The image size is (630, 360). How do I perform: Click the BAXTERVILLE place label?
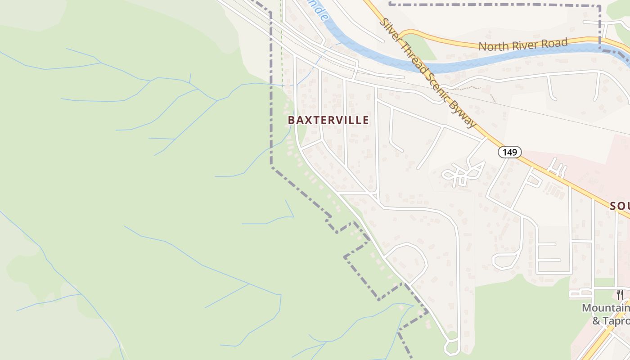coord(328,120)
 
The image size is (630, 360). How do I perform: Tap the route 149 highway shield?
coord(509,152)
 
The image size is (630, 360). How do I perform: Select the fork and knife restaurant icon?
coord(620,295)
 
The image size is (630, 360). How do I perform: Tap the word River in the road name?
coord(525,45)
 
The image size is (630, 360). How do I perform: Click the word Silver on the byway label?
coord(391,31)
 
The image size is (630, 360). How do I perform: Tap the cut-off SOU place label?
coord(620,206)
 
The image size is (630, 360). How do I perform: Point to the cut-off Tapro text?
coord(616,320)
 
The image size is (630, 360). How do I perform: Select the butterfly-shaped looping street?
coord(463,173)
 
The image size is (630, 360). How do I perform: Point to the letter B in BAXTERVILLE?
coord(291,120)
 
